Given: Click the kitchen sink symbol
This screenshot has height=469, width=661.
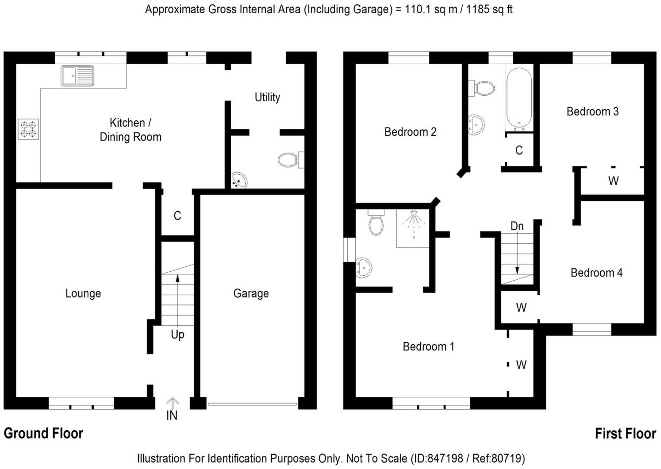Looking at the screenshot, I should [77, 76].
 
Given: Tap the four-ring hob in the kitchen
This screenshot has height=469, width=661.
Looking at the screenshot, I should [28, 129].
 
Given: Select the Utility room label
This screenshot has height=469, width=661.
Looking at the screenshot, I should [267, 97].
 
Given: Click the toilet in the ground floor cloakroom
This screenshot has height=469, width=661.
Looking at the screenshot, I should [289, 160].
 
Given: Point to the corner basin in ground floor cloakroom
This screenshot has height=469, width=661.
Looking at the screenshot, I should [239, 180].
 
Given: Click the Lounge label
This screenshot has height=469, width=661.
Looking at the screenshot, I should [83, 294].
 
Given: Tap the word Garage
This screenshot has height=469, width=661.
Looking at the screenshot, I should [251, 294].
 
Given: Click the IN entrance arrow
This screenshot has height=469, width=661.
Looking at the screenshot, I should [172, 403].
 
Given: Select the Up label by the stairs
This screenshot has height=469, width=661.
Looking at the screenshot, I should [177, 335].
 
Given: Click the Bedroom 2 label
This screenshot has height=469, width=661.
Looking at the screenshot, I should [410, 132].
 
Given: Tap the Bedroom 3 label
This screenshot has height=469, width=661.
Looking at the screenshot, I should [592, 112].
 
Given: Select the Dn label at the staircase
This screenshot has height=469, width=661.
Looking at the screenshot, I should [517, 226].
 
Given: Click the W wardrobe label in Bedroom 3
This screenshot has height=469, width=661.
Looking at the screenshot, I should [613, 181].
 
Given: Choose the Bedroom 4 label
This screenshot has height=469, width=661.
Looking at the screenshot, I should [596, 273].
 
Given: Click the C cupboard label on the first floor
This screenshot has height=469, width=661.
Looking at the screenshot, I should [519, 150].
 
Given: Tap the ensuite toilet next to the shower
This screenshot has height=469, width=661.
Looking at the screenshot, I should [376, 224].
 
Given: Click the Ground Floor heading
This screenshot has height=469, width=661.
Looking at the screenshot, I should [43, 433].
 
